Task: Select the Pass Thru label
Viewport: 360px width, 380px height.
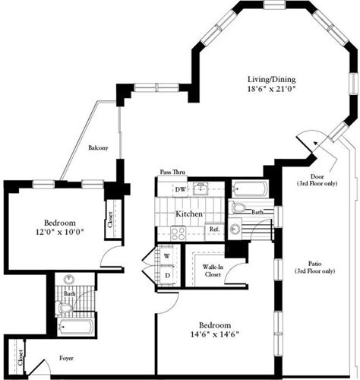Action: (174, 173)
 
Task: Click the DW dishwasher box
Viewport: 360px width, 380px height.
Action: (181, 189)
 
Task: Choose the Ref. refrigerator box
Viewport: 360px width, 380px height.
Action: (214, 229)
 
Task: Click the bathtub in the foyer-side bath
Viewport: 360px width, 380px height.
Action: (74, 330)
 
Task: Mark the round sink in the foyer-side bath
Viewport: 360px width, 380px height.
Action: (69, 279)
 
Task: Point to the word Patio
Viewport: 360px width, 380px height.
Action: (312, 261)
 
